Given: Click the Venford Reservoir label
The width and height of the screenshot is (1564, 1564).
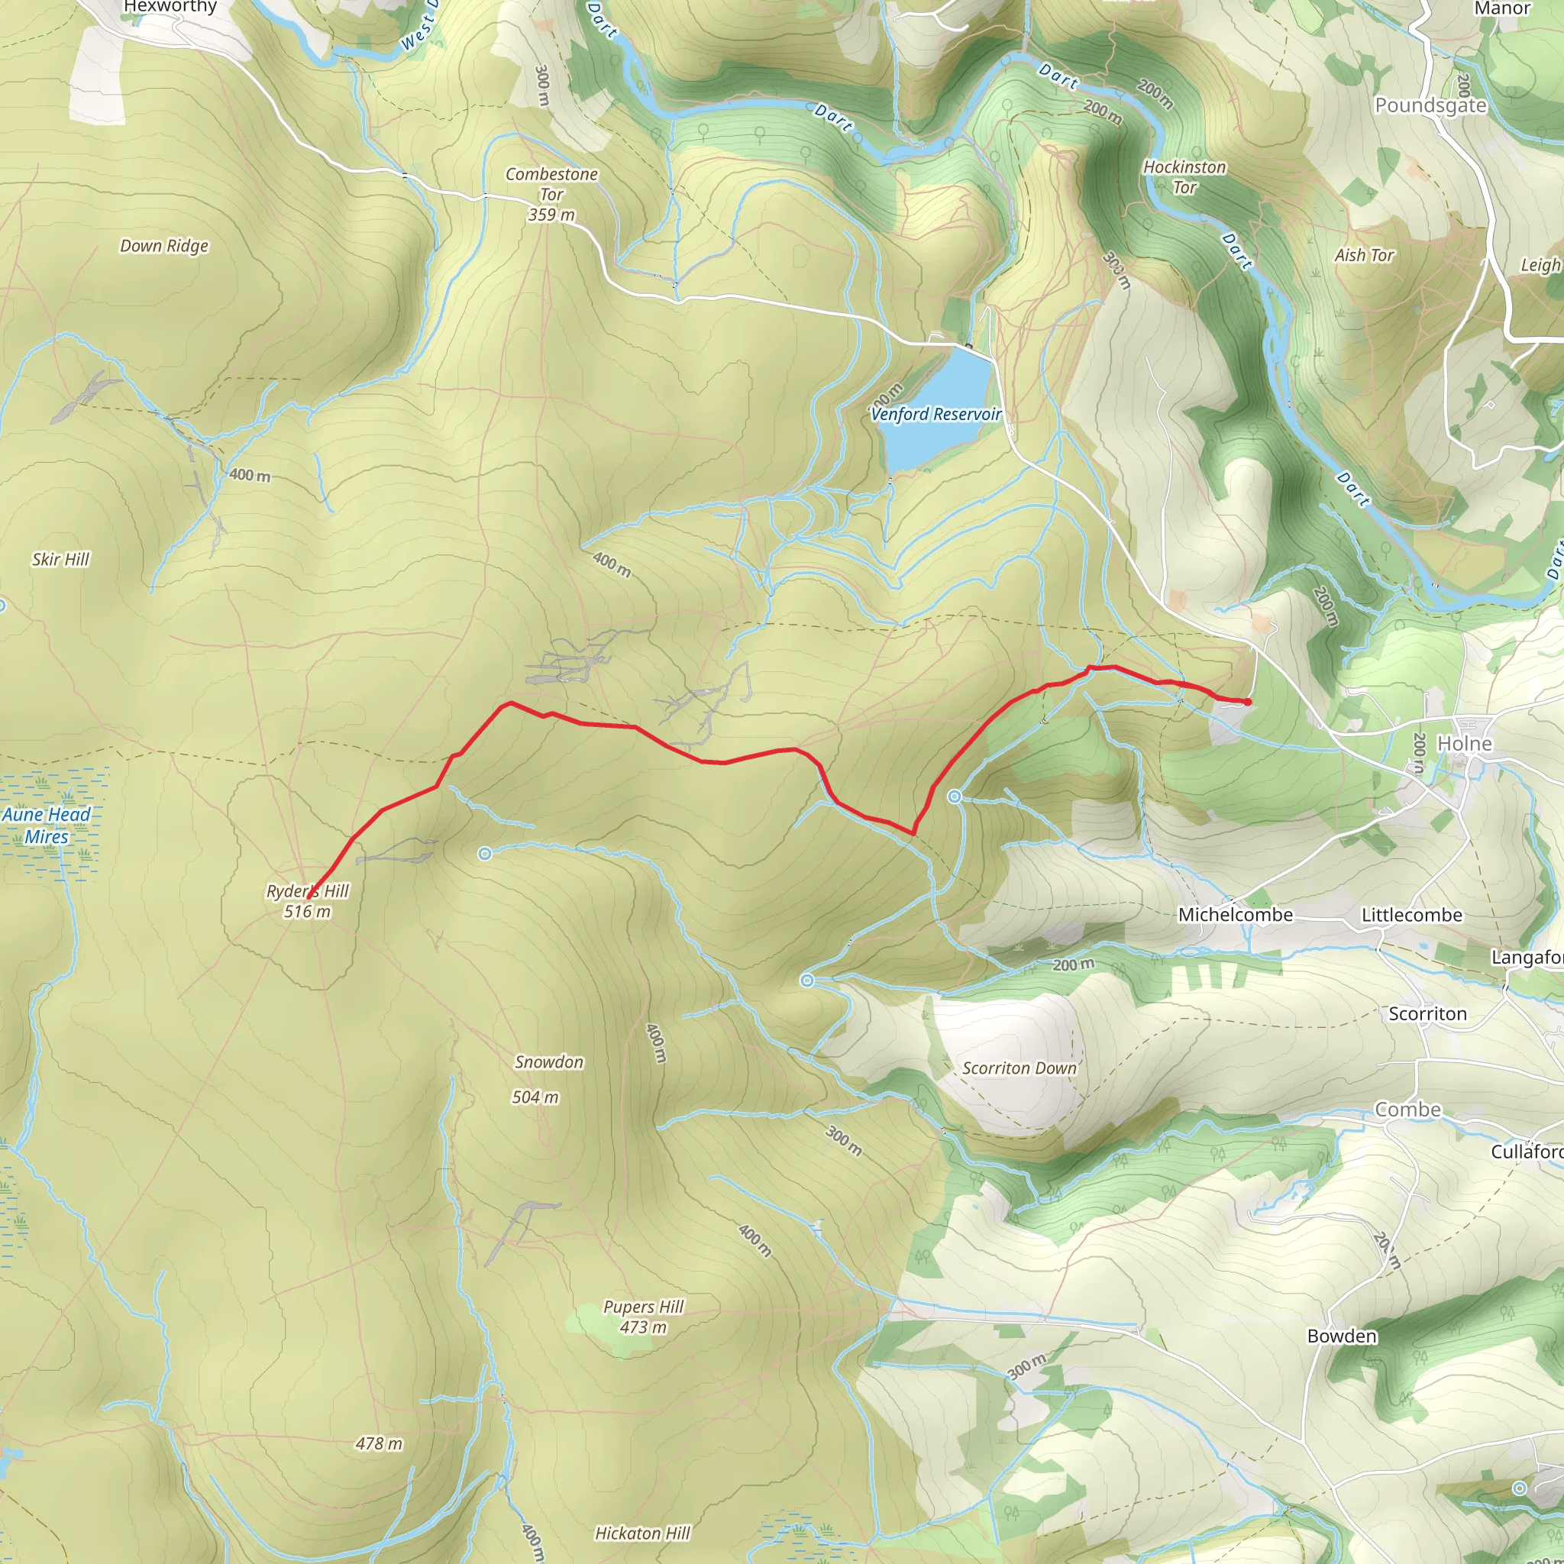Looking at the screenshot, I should coord(935,415).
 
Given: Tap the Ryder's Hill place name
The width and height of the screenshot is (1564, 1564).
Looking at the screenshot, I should coord(308,891).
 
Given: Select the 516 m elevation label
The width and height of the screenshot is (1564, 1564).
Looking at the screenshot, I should coord(308,912).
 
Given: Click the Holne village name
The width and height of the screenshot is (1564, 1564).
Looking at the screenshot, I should coord(1465,743).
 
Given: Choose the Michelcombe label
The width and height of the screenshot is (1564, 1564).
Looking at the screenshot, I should coord(1236,915).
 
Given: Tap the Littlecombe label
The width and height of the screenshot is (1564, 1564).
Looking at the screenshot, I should coord(1412,915).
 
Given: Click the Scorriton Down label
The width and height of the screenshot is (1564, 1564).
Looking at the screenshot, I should coord(1020,1068).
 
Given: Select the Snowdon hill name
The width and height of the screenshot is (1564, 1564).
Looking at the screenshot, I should coord(549,1062).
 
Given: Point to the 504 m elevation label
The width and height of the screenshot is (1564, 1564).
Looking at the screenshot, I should coord(535,1097).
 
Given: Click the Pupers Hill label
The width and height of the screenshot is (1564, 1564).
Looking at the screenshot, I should coord(644,1307).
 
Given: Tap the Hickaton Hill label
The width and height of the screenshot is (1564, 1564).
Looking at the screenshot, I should coord(643,1533).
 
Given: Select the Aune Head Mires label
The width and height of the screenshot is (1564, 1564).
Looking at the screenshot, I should coord(46,826).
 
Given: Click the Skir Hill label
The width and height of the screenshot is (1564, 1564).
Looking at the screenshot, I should coord(61,559).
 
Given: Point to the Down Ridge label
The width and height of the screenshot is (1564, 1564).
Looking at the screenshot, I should coord(164,246).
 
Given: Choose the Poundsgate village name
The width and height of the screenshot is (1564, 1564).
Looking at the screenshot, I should coord(1430,105).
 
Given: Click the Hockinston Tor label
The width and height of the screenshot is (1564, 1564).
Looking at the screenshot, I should coord(1184,176).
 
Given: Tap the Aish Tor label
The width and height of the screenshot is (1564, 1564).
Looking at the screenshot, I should coord(1365,256).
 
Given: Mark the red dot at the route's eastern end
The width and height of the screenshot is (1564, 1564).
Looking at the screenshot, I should coord(1248,702).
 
